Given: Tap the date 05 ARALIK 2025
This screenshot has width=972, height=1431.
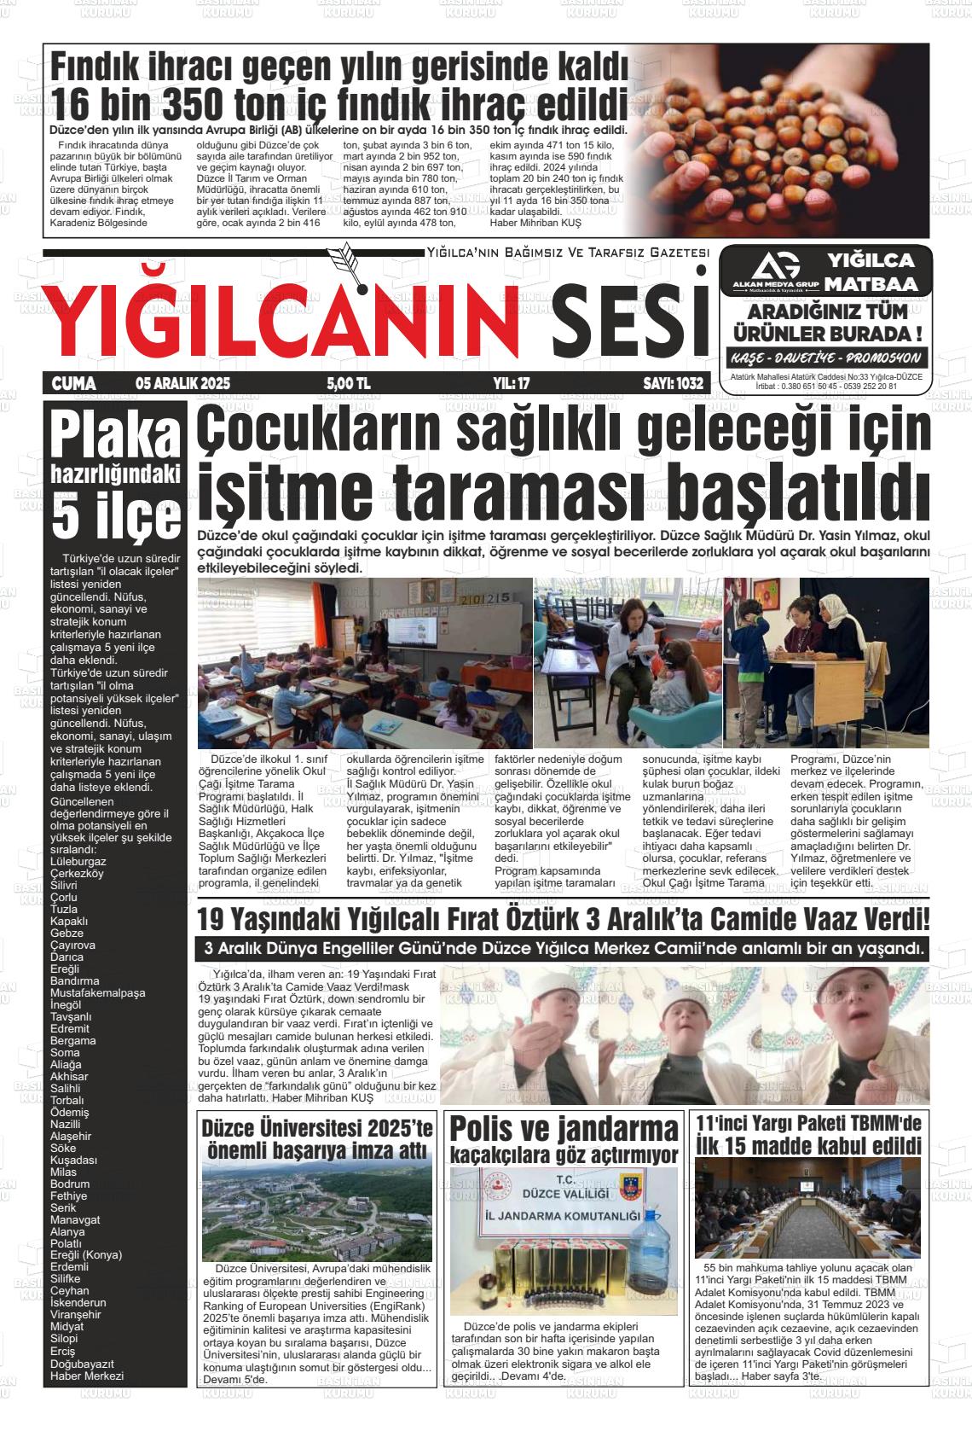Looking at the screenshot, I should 182,384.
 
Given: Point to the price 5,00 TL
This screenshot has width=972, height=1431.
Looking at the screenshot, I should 348,384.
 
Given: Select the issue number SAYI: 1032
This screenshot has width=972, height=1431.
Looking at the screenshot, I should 673,384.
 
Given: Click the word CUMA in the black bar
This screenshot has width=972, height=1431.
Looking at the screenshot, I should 74,384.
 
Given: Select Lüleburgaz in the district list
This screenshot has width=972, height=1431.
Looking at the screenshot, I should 78,861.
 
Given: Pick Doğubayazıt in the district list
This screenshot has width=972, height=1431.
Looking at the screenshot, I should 82,1363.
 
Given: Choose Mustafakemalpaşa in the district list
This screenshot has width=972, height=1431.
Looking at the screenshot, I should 97,992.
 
